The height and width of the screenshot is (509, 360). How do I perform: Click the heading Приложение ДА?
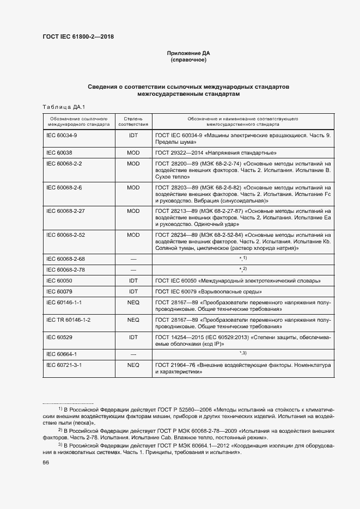click(x=188, y=53)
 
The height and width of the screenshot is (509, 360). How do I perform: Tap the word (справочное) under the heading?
click(x=188, y=59)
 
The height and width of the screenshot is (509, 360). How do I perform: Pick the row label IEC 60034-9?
click(x=62, y=134)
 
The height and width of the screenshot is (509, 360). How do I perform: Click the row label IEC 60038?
click(x=59, y=153)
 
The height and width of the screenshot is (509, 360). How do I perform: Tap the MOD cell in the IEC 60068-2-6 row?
click(x=133, y=187)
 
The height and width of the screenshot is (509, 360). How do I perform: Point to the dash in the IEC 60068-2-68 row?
click(x=133, y=257)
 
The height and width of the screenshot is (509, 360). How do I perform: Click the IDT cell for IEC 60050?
click(x=133, y=281)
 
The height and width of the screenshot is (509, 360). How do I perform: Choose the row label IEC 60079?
click(x=59, y=292)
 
